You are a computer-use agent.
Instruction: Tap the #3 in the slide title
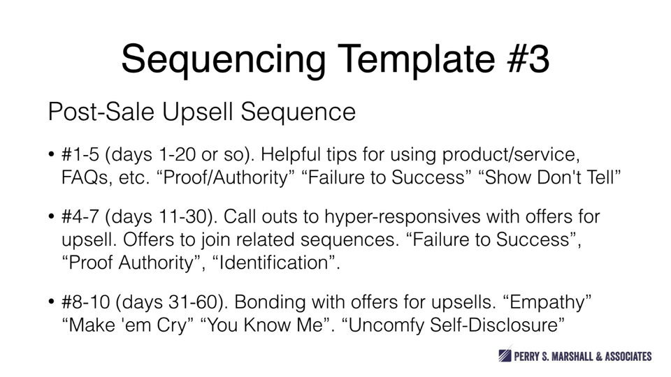(528, 59)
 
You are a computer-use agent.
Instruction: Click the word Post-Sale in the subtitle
(101, 112)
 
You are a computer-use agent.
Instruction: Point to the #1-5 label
(80, 154)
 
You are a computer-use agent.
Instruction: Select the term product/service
(511, 155)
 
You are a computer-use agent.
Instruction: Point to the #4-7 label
(80, 216)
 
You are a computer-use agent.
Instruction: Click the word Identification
(273, 263)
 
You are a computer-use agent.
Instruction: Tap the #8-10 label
(86, 302)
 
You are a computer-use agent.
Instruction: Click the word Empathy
(546, 303)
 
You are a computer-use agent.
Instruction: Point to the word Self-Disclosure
(497, 325)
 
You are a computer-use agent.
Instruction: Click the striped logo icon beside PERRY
(505, 355)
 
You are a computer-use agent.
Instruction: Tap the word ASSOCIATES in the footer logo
(628, 356)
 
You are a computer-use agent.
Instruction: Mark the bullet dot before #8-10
(51, 302)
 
